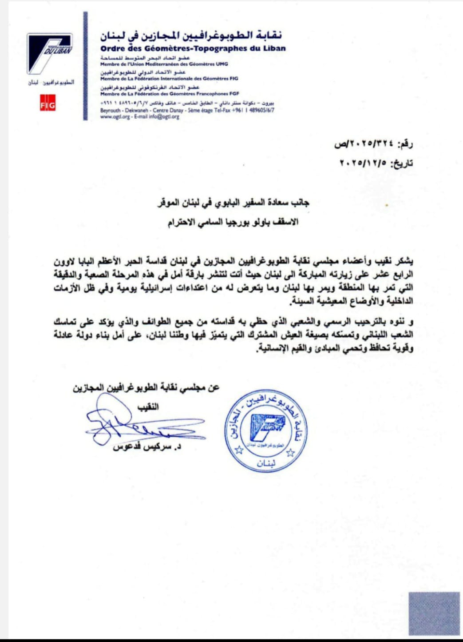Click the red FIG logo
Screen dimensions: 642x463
47,103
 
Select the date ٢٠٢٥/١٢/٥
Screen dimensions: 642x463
363,163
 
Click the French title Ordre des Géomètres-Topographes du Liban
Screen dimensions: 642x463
193,48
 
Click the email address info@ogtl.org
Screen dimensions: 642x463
164,117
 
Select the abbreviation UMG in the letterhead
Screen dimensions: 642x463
222,64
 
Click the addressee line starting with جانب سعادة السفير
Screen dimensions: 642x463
233,203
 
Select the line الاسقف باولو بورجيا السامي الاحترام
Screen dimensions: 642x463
233,222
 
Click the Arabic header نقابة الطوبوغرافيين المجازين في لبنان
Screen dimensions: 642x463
191,35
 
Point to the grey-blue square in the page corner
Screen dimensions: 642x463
434,613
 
